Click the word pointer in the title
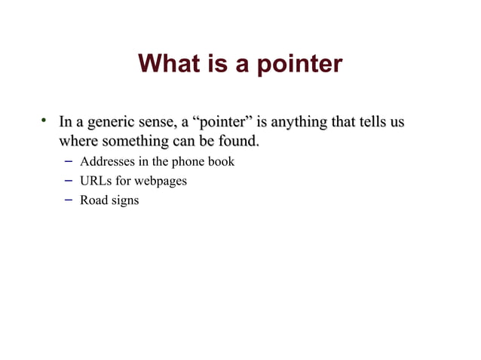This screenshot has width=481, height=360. [299, 65]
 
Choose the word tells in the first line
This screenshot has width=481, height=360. [379, 122]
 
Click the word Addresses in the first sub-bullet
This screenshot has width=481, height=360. [106, 161]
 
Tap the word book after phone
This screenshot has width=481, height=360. [221, 161]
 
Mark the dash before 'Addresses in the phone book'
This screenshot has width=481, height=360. [67, 161]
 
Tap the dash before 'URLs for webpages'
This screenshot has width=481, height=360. [67, 181]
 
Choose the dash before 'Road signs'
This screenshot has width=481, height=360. [67, 201]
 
